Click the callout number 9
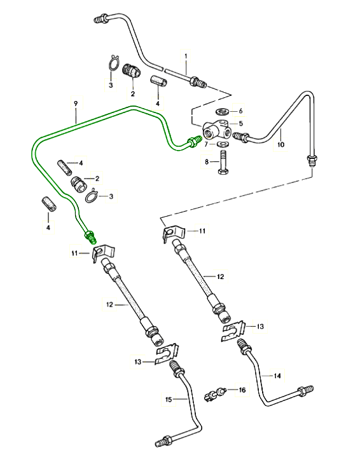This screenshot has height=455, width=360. pyautogui.click(x=76, y=104)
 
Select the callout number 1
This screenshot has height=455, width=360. pyautogui.click(x=186, y=56)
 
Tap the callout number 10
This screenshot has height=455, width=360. pyautogui.click(x=280, y=144)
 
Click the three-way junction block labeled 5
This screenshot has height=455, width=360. pyautogui.click(x=217, y=130)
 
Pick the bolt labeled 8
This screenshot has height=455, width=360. pyautogui.click(x=223, y=162)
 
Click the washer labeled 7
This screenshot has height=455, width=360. pyautogui.click(x=223, y=144)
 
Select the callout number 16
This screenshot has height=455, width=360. pyautogui.click(x=242, y=390)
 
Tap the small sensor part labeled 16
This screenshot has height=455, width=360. pyautogui.click(x=216, y=394)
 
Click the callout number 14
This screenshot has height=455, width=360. pyautogui.click(x=277, y=376)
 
